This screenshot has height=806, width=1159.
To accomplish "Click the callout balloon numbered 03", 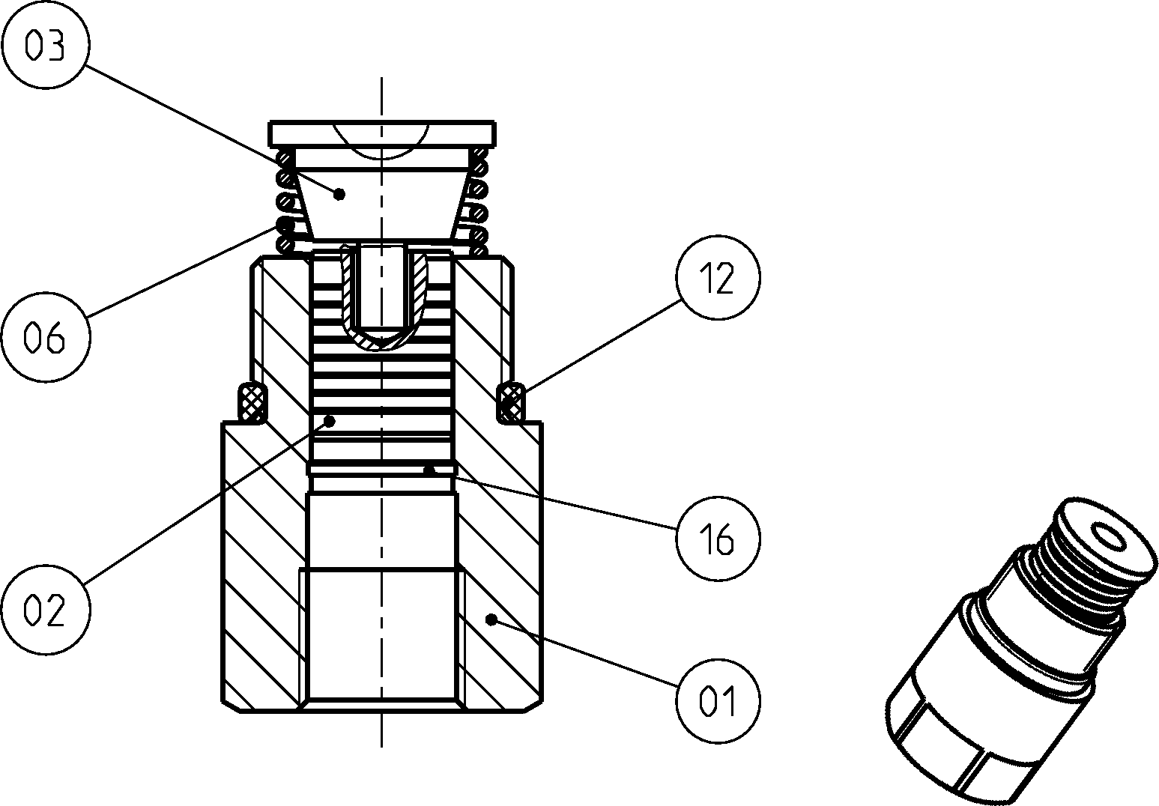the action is click(x=46, y=44).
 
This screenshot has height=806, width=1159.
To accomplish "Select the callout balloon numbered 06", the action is click(x=46, y=337).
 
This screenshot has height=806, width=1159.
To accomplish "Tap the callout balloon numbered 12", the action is click(x=718, y=278).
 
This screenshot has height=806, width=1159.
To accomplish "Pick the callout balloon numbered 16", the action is click(x=718, y=539).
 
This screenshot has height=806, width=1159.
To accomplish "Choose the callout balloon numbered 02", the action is click(x=46, y=610).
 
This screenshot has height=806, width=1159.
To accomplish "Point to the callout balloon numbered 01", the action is click(x=718, y=701).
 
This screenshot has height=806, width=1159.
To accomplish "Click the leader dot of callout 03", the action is click(x=339, y=195).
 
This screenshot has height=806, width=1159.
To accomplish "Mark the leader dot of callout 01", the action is click(x=491, y=619).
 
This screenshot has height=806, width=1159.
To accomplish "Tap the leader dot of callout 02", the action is click(x=330, y=421).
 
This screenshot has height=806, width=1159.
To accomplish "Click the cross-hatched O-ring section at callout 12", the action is click(x=511, y=402).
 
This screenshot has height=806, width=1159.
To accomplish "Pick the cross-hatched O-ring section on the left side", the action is click(x=252, y=402).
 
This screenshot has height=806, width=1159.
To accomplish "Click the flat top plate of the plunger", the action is click(x=382, y=133).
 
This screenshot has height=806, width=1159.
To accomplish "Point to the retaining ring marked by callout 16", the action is click(x=382, y=469).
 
